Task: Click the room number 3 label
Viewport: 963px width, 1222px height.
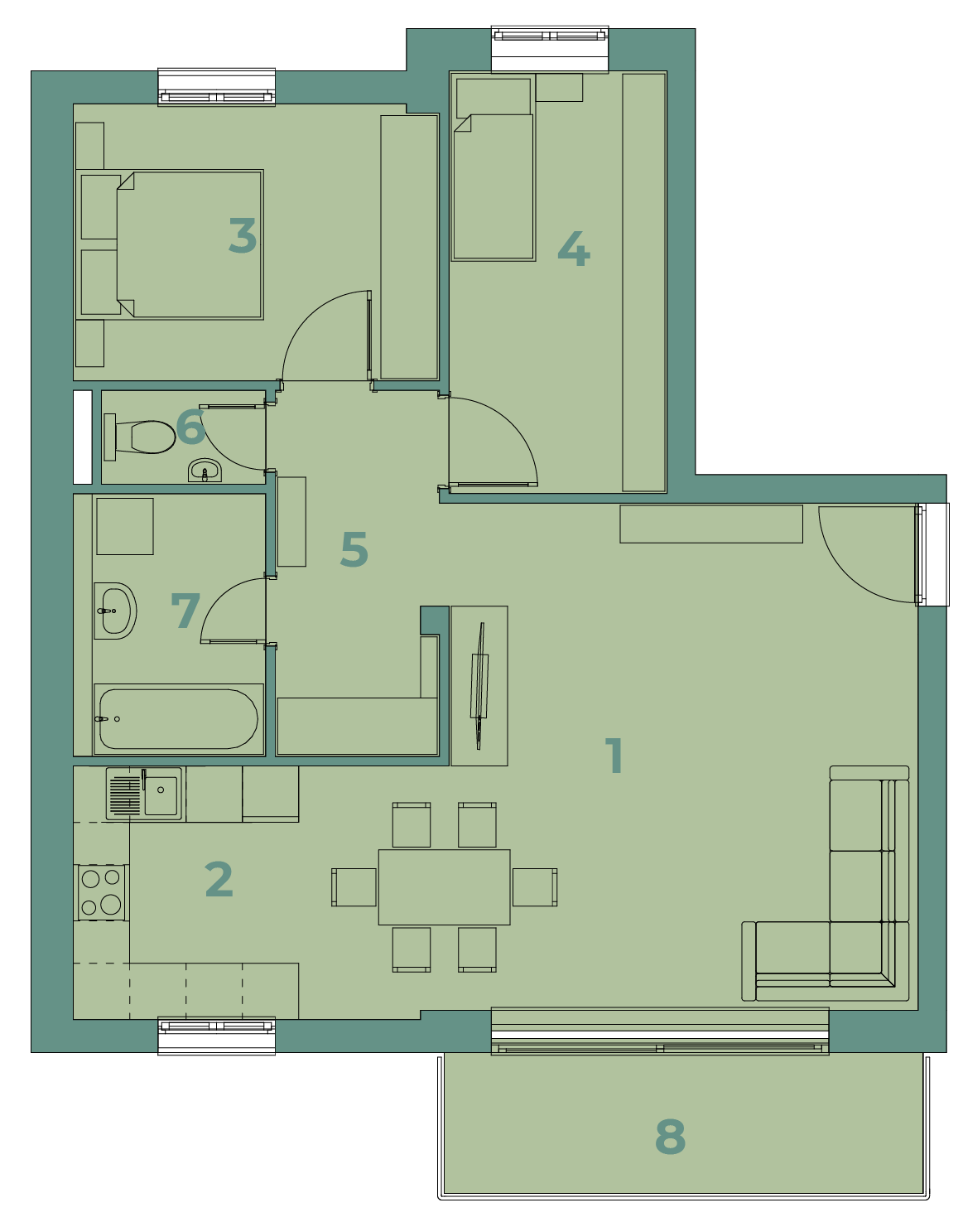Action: tap(243, 235)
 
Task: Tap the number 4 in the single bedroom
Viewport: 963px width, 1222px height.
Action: tap(574, 249)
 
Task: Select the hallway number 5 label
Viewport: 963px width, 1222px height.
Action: tap(354, 548)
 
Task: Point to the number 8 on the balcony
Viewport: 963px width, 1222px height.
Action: tap(670, 1137)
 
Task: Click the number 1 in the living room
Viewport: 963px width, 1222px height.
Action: tap(614, 755)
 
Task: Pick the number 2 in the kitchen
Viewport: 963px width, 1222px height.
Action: tap(219, 879)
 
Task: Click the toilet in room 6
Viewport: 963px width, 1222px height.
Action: tap(140, 437)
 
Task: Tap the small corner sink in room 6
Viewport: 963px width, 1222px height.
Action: tap(205, 471)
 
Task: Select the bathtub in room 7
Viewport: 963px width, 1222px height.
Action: tap(178, 719)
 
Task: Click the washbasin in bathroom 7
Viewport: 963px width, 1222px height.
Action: tap(115, 611)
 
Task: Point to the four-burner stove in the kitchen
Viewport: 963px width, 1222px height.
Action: tap(101, 892)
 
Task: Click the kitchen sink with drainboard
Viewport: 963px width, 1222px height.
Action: tap(144, 794)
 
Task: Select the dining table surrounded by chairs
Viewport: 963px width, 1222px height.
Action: tap(445, 887)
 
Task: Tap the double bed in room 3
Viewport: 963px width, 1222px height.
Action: tap(170, 244)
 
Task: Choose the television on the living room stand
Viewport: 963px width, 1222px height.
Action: tap(479, 685)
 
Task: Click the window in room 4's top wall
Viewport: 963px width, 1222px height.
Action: tap(549, 50)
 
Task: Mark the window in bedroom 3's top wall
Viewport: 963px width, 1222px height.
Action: tap(216, 87)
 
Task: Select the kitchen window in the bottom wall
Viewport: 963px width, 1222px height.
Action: tap(216, 1036)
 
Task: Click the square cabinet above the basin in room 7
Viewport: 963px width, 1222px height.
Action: tap(125, 526)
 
